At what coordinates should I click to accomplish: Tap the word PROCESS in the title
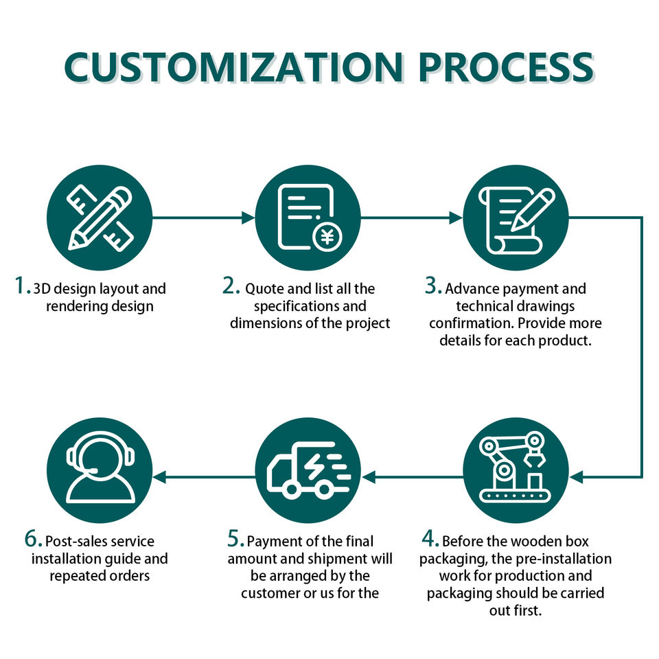click(506, 67)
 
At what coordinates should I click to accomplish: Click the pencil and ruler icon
click(100, 218)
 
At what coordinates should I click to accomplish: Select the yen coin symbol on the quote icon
click(327, 237)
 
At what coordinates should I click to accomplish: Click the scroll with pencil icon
click(516, 220)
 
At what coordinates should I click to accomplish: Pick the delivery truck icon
click(309, 470)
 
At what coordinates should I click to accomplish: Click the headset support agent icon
click(100, 467)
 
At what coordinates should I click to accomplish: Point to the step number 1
click(21, 286)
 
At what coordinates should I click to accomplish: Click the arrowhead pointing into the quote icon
click(248, 218)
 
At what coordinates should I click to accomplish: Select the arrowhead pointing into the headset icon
click(159, 477)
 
